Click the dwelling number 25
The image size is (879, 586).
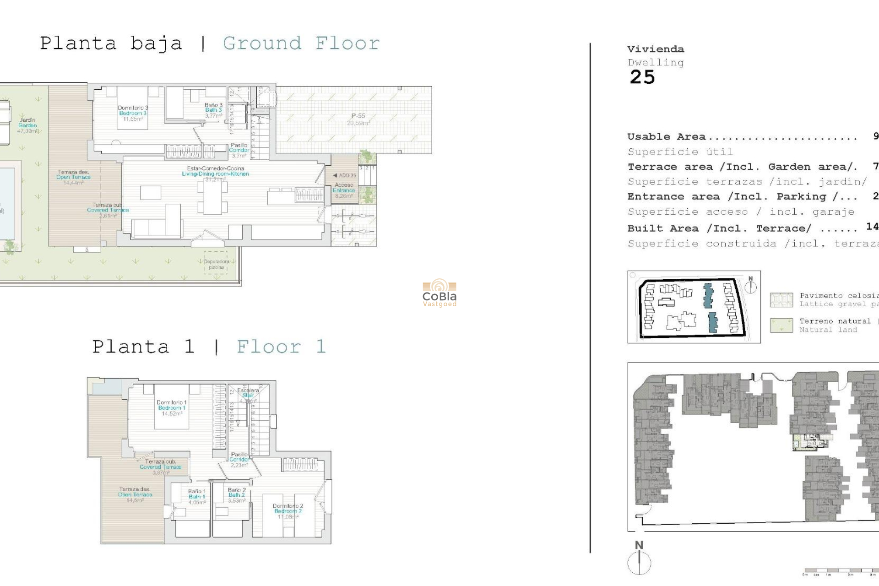point(642,77)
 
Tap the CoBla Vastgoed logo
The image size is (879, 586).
point(439,293)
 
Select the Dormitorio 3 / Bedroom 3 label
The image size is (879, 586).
point(133,113)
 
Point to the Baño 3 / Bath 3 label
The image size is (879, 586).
point(213,110)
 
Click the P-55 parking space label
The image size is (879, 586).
point(358,119)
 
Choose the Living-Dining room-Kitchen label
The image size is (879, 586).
point(215,174)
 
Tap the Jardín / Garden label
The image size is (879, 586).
point(27,125)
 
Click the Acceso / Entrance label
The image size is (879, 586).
point(344,190)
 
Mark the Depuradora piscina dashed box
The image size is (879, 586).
point(216,263)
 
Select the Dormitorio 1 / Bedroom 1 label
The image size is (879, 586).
point(172,407)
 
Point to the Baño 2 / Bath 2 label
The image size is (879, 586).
point(237,495)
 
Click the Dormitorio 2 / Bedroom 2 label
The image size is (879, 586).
point(288,511)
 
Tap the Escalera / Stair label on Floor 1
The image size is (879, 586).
point(248,393)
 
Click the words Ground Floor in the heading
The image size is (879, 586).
point(301,44)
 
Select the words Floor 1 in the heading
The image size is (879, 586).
point(281,347)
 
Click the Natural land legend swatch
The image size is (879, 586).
point(781,326)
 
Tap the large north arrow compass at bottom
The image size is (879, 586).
point(639,561)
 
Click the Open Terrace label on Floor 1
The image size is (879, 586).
point(135,494)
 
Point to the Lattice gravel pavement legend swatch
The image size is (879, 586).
point(781,300)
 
